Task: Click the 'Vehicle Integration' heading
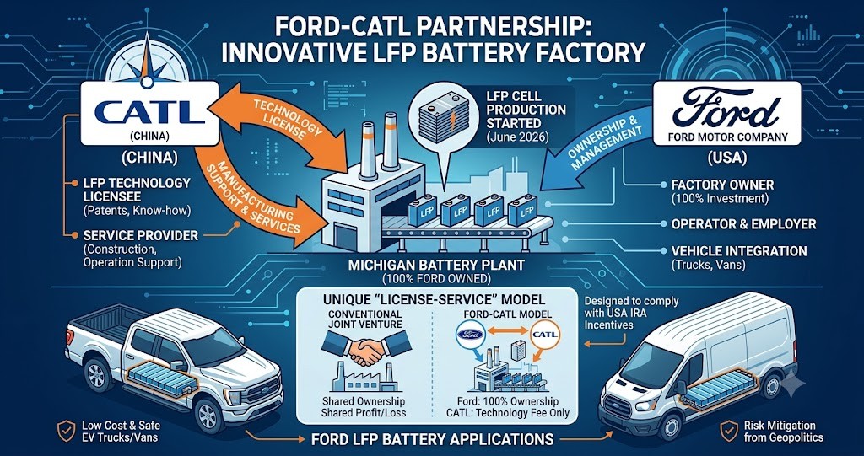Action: pos(739,251)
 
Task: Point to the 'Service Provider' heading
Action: pos(140,236)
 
